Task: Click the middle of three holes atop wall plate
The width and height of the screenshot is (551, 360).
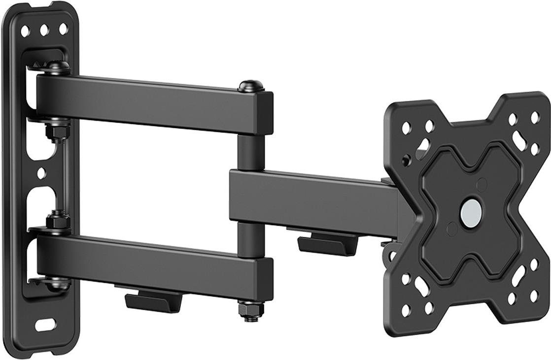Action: pos(44,31)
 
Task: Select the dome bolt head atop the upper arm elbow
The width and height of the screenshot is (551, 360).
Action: pos(250,86)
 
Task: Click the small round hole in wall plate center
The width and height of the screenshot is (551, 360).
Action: pos(41,173)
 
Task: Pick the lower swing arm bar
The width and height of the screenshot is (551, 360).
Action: pos(148,261)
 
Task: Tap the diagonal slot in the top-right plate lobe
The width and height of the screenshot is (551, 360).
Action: pos(519,140)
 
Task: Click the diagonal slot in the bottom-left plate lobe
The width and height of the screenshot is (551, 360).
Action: pos(423,286)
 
